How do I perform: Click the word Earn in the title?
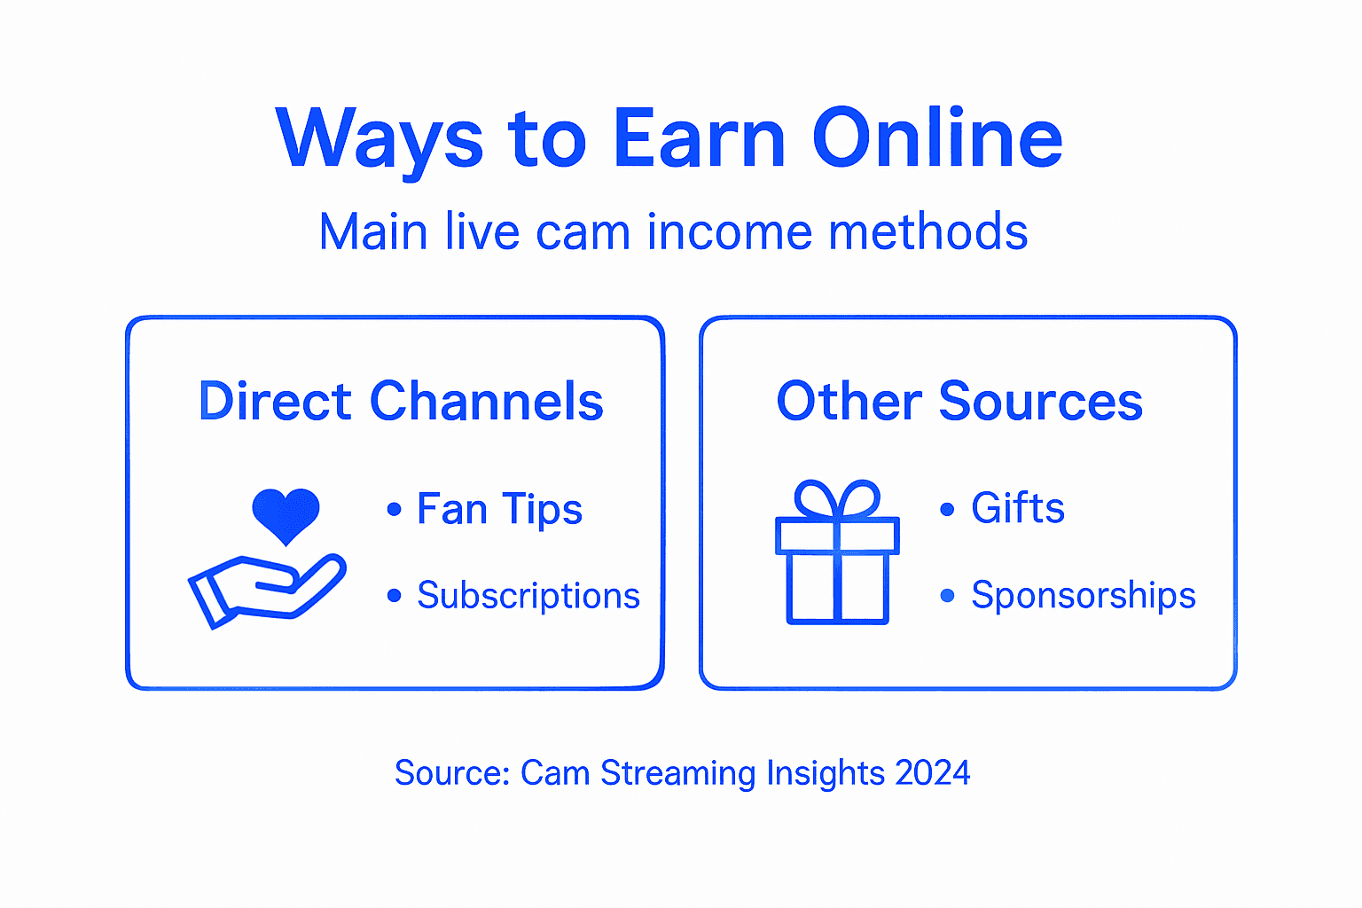tap(699, 138)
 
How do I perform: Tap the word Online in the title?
tap(937, 138)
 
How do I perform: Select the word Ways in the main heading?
tap(380, 140)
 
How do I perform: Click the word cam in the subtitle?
tap(583, 232)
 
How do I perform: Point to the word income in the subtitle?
tap(729, 232)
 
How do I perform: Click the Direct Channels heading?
tap(401, 401)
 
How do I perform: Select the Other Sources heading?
tap(959, 401)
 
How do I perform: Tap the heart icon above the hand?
tap(286, 515)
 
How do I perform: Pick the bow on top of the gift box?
tap(837, 500)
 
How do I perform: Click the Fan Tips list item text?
tap(499, 509)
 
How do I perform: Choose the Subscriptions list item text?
tap(528, 596)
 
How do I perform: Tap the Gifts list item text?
tap(1018, 508)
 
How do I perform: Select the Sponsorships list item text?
tap(1084, 596)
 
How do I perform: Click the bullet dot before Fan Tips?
tap(395, 509)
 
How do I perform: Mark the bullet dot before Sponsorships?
tap(947, 596)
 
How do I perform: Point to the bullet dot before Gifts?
tap(947, 509)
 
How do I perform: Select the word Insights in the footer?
tap(826, 773)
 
